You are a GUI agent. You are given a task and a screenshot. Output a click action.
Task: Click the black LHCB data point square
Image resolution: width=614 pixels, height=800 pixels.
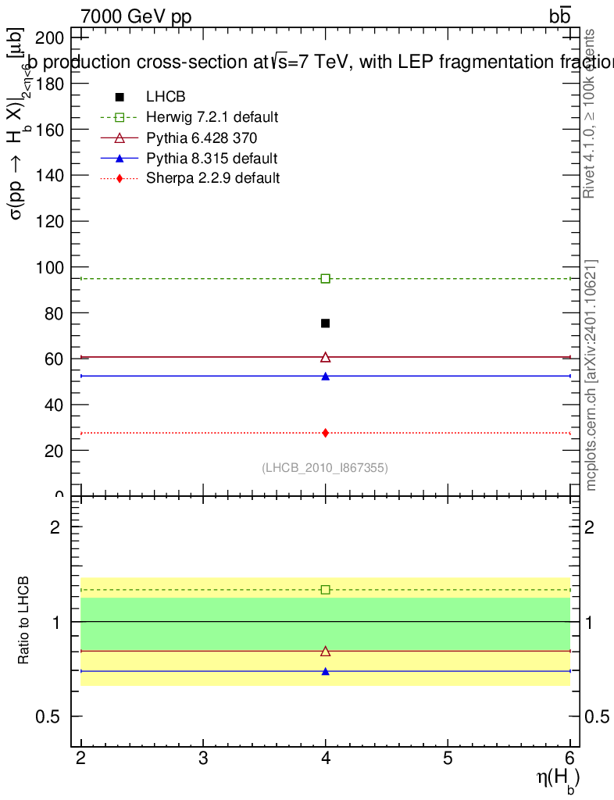click(x=326, y=323)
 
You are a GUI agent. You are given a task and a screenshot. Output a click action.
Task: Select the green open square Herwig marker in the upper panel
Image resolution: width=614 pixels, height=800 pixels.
click(x=326, y=279)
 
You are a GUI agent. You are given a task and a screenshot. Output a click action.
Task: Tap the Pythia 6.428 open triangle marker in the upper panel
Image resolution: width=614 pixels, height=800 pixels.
click(x=326, y=357)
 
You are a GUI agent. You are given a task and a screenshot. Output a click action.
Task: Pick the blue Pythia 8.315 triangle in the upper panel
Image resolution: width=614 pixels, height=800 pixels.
click(x=326, y=377)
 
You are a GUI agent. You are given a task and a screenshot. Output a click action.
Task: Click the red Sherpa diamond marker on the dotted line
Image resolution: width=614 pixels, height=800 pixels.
click(x=326, y=433)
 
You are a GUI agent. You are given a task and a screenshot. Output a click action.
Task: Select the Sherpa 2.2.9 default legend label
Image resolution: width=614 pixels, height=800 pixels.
click(x=212, y=178)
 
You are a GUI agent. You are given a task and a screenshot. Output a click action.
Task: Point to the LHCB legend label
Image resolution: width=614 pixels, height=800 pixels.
click(x=165, y=97)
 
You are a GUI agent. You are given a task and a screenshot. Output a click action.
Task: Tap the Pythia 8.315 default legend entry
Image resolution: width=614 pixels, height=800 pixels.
click(x=212, y=158)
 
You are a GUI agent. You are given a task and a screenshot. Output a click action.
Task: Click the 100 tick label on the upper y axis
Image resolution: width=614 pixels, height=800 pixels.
click(x=50, y=267)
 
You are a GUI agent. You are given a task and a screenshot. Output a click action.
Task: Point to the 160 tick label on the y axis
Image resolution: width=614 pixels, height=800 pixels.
click(x=50, y=129)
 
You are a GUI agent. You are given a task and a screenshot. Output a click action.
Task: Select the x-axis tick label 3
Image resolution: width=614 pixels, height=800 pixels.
click(x=203, y=757)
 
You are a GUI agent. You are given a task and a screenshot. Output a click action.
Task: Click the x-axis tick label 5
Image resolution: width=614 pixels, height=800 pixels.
click(x=448, y=757)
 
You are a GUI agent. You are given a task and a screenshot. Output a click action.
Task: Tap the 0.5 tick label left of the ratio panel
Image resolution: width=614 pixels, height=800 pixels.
click(x=48, y=717)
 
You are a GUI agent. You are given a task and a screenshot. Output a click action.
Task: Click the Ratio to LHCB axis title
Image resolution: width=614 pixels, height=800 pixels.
click(x=24, y=621)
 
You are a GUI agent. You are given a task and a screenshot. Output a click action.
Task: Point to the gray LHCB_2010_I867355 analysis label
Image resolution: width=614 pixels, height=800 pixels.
click(x=325, y=468)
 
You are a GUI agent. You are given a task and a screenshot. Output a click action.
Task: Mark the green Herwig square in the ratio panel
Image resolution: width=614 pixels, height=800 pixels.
click(x=326, y=590)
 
